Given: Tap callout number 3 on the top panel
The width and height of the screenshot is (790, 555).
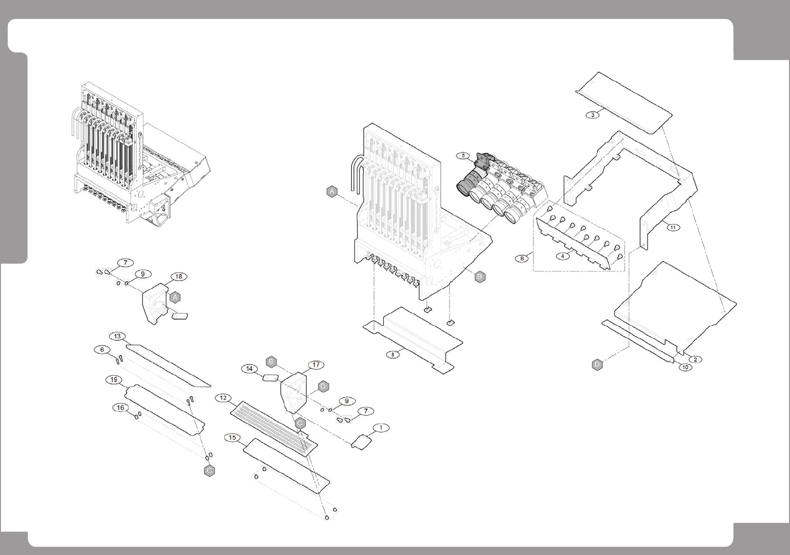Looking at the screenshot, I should (592, 115).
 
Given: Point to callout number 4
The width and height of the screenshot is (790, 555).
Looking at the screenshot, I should (562, 256).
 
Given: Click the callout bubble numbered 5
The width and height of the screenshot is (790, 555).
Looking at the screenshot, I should (463, 155).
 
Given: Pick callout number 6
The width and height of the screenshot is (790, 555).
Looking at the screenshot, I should (102, 350).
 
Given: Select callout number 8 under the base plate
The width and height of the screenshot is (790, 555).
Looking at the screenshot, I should (393, 355).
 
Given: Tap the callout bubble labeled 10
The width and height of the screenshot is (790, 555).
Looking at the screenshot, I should (685, 367).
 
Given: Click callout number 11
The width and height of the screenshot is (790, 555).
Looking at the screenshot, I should (673, 228).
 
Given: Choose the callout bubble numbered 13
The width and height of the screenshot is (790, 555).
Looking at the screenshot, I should (117, 336).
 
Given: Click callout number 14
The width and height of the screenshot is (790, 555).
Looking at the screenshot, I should (249, 369).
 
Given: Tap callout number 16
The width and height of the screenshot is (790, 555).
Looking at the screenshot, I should (120, 408).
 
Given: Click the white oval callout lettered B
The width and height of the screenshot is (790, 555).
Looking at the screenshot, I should (522, 258).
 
